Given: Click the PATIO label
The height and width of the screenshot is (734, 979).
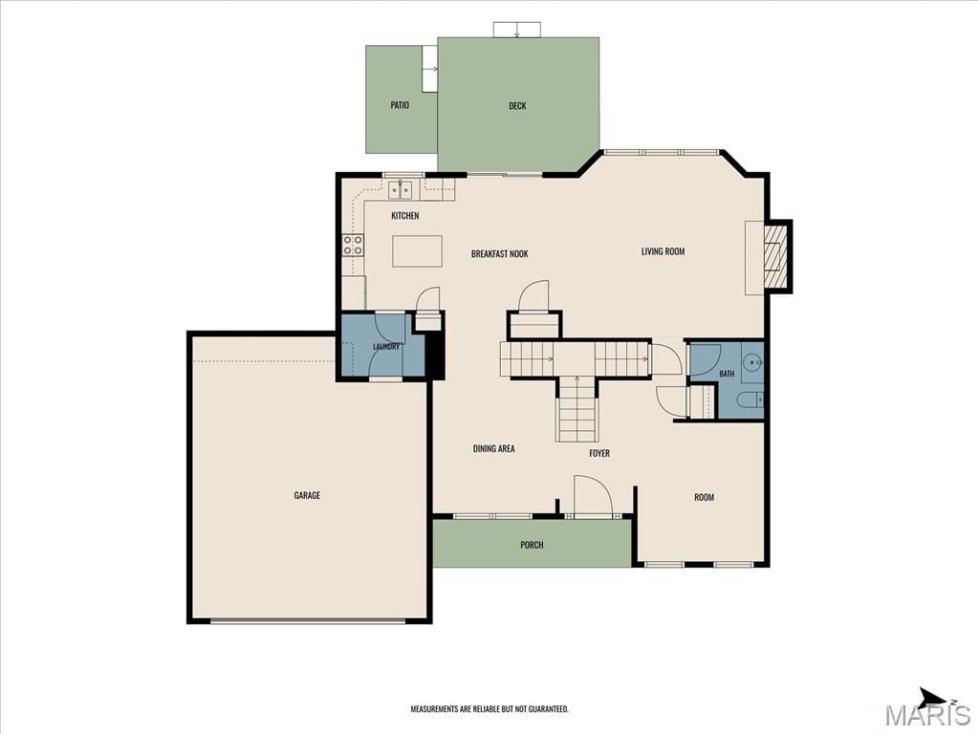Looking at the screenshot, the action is coord(400,105).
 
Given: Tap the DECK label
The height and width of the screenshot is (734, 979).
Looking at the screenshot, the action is coord(517,105).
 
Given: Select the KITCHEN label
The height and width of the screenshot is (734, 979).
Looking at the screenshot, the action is coord(405,215).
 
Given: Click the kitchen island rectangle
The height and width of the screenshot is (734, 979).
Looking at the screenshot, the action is coord(417,251).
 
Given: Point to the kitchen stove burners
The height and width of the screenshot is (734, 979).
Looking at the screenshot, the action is coord(353,245).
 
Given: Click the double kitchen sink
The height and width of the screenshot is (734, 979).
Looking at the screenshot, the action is coord(401,188).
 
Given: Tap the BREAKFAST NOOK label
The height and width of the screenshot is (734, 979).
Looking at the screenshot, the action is coord(499,253).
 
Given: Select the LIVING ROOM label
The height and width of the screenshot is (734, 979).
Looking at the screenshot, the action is coord(664,251).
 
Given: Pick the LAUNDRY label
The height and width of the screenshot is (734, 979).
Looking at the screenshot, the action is coord(386,346).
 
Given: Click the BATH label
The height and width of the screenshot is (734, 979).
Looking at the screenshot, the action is coord(727,374).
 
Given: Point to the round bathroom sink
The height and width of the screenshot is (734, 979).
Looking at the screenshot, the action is coord(753,361).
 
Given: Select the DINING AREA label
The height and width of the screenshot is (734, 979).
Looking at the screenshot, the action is coord(494,448).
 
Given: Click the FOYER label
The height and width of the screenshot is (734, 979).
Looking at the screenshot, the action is coord(599,453).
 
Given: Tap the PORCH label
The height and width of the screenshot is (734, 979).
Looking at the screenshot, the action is coord(532,545).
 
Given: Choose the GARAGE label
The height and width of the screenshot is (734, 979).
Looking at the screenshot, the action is coord(307,495).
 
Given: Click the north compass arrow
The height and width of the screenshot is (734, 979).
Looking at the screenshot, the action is coord(934,697).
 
